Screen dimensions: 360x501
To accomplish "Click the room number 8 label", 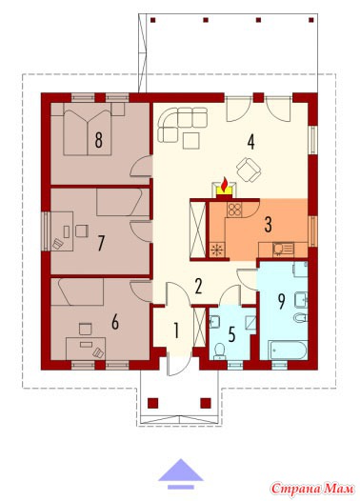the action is pos(99,140).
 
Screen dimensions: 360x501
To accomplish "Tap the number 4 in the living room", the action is pos(251,142).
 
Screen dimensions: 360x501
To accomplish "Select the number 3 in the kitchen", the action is pos(269,224).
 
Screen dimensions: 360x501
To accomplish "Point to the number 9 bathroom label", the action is pos(281,301).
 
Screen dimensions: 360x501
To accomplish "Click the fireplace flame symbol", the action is pos(225,185).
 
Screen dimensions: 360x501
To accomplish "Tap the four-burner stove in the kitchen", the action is pos(234,210).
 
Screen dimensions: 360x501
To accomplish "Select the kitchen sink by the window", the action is pos(283,250).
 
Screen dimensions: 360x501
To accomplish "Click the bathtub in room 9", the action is pos(288,351).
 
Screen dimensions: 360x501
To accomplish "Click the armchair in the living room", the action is pos(250,170).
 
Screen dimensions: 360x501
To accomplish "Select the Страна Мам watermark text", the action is pos(312,489).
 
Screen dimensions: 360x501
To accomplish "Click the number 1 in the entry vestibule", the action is pos(175,331).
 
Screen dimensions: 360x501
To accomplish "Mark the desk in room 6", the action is pos(86,349).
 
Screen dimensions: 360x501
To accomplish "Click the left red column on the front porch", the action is pos(153,403).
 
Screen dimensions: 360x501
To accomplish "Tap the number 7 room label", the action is pos(101,243).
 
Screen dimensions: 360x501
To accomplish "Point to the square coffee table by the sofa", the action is pos(191,141).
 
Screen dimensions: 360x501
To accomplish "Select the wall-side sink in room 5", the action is pos(214,322).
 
